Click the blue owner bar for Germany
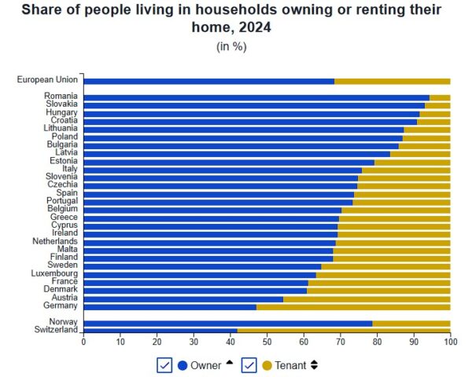(169, 306)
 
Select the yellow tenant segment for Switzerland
(343, 331)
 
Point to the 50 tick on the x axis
(267, 342)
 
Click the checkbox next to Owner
(164, 365)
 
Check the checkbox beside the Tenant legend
(249, 365)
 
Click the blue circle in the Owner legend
(183, 365)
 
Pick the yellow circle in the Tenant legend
(267, 365)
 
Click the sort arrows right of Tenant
(315, 365)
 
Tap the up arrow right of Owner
(229, 363)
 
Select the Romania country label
(61, 97)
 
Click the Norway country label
(63, 323)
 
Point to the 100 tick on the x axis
(450, 342)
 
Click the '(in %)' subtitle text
(231, 46)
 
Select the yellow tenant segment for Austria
(367, 298)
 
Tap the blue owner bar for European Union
(208, 81)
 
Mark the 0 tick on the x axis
(83, 342)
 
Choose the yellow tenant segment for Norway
(411, 323)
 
